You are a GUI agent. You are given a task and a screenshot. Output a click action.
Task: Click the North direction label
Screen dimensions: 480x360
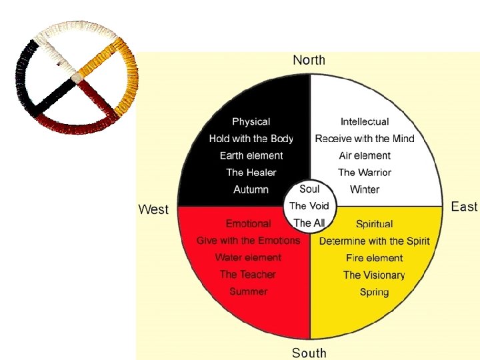coord(309,60)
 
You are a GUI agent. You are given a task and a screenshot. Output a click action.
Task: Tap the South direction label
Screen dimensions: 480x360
coord(309,352)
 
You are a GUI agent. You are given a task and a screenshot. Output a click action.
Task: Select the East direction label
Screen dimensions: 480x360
coord(464,206)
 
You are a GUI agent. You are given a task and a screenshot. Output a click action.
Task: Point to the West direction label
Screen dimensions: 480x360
coord(153,209)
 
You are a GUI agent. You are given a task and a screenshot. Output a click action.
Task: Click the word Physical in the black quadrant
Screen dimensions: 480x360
coord(251,121)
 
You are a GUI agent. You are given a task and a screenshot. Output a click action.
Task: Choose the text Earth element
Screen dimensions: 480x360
coord(251,155)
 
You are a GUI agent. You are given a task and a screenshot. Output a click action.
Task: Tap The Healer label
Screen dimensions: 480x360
coord(252,172)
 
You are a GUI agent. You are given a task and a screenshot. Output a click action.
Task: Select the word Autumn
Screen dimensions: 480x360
coord(251,189)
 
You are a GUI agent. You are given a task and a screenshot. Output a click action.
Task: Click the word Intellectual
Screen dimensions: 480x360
coord(365,121)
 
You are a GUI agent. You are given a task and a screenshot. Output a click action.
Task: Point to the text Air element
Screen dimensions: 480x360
coord(365,155)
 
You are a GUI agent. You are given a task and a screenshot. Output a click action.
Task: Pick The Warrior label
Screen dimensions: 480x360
coord(365,172)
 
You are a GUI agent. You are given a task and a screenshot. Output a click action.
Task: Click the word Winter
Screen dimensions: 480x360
coord(365,189)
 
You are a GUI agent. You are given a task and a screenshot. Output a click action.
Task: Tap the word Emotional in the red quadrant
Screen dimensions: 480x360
coord(248,223)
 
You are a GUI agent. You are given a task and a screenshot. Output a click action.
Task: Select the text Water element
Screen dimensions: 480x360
coord(248,257)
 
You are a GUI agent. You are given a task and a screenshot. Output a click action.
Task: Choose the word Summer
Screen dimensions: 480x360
coord(248,291)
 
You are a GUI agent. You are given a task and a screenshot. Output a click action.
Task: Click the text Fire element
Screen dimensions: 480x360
coord(374,258)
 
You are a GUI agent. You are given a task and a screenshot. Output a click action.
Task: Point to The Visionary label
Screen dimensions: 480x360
coord(374,275)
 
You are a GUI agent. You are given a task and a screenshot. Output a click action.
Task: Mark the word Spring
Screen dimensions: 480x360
coord(374,292)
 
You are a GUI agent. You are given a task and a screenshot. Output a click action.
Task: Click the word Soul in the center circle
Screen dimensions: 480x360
coord(309,189)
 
